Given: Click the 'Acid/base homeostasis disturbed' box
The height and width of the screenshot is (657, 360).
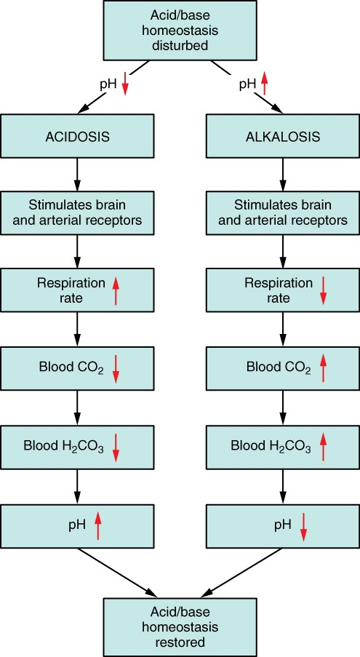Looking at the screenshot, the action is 180,30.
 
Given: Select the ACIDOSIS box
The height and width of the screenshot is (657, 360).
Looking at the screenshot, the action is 77,136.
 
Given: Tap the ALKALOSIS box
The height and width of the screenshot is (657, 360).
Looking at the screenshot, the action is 283,136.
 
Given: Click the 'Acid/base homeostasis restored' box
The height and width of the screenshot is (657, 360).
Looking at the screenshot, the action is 180,627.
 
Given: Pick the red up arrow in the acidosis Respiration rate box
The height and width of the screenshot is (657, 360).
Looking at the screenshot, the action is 116,291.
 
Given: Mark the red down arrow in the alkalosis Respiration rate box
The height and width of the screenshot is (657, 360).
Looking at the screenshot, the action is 323,291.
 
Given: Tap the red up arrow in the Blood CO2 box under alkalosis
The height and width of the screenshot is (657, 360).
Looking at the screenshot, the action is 322,368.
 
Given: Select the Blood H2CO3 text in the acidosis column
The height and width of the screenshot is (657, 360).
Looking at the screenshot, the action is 63,447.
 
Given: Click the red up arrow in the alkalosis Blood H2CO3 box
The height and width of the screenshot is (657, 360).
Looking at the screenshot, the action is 322,446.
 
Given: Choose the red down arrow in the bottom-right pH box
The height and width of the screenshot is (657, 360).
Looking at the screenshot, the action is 304,526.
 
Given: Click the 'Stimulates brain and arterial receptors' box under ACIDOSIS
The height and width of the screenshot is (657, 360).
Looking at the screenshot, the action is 77,213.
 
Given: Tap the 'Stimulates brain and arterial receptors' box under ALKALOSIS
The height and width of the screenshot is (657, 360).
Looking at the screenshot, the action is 283,213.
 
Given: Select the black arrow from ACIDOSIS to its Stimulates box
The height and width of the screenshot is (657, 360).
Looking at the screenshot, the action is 77,175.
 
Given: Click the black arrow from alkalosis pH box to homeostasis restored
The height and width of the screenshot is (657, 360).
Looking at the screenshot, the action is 241,572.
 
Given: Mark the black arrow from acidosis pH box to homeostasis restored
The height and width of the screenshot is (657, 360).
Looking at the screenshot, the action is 117,572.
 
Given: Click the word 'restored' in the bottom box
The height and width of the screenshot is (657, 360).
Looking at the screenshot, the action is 180,642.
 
